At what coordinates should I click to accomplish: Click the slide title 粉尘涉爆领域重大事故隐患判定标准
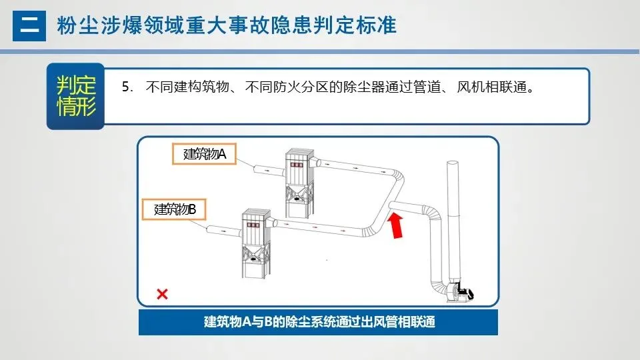[x=227, y=26]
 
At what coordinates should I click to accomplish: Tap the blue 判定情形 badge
[x=75, y=96]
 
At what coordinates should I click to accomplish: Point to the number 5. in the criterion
[x=127, y=88]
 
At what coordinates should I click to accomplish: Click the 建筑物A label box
[x=205, y=155]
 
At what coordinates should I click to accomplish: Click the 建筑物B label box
[x=175, y=209]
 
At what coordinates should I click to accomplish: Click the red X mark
[x=162, y=294]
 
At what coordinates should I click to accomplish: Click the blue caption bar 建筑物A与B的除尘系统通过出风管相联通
[x=319, y=322]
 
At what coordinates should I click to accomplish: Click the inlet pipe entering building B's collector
[x=223, y=231]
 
